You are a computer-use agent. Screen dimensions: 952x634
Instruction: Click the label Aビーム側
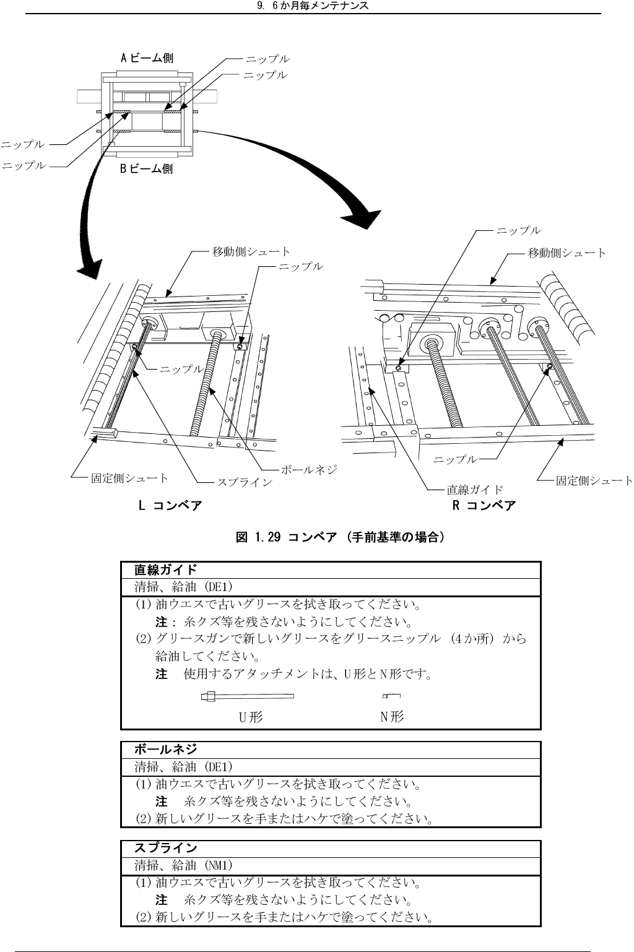click(147, 58)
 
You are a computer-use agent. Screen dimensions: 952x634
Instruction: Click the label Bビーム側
click(147, 168)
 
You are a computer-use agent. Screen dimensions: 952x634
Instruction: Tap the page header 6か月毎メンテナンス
click(312, 6)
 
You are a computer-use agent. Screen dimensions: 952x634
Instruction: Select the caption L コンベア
click(170, 506)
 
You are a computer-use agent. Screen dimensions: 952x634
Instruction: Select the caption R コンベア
click(484, 506)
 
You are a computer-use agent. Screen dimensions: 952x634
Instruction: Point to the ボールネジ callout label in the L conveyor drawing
click(309, 469)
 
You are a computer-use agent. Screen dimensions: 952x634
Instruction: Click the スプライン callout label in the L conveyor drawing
click(244, 481)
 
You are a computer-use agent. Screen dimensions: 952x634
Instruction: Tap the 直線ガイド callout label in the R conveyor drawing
click(475, 490)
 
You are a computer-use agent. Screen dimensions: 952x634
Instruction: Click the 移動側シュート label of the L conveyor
click(251, 251)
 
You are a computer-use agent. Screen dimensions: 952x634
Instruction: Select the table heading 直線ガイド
click(166, 569)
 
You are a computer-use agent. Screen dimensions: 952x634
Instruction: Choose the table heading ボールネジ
click(166, 750)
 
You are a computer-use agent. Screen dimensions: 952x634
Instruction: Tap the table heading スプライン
click(166, 848)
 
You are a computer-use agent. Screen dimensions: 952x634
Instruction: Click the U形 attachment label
click(251, 717)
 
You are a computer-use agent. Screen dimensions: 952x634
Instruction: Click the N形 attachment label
click(392, 717)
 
